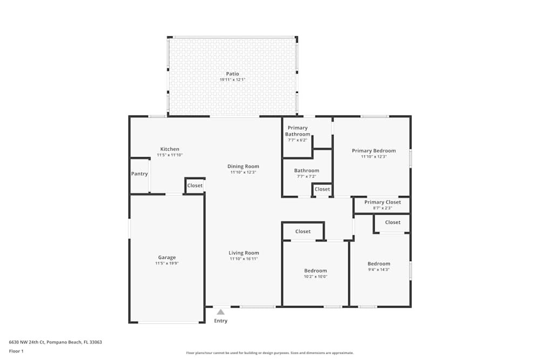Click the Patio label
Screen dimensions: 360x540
click(232, 74)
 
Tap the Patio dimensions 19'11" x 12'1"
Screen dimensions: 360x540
click(232, 80)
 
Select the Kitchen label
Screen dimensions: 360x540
click(170, 149)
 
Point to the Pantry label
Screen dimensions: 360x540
click(139, 174)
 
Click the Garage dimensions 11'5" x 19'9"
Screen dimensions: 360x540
click(167, 263)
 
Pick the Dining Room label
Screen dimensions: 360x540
click(243, 166)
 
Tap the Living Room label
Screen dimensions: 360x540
click(244, 253)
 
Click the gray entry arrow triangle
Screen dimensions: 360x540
click(220, 311)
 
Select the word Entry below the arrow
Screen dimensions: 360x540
click(220, 321)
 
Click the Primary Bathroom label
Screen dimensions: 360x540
click(298, 131)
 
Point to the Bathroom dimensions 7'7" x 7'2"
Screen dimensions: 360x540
click(306, 176)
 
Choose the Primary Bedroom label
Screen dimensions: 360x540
click(374, 151)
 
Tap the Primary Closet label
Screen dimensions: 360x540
click(382, 202)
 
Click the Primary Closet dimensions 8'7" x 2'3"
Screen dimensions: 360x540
click(382, 208)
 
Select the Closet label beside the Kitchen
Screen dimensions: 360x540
click(195, 185)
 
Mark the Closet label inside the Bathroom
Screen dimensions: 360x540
click(322, 189)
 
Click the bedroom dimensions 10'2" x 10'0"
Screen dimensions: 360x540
click(315, 276)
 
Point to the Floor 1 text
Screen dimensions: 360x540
click(16, 351)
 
